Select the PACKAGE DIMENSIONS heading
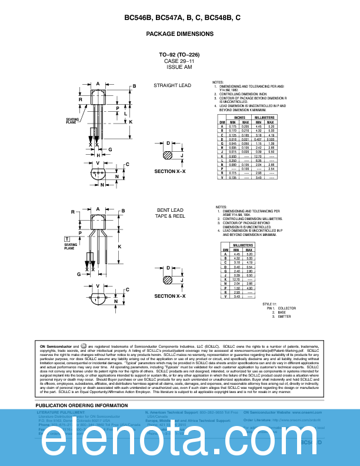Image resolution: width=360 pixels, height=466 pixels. (x=179, y=34)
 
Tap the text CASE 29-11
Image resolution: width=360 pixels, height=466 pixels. (x=179, y=61)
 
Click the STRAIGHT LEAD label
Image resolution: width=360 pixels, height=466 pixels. (x=172, y=85)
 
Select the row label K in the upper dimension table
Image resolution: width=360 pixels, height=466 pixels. (x=222, y=156)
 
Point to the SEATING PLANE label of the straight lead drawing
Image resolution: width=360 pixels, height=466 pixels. (x=71, y=121)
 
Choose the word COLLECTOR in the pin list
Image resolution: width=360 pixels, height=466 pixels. (x=287, y=308)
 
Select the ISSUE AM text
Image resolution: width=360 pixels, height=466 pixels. (x=179, y=67)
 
